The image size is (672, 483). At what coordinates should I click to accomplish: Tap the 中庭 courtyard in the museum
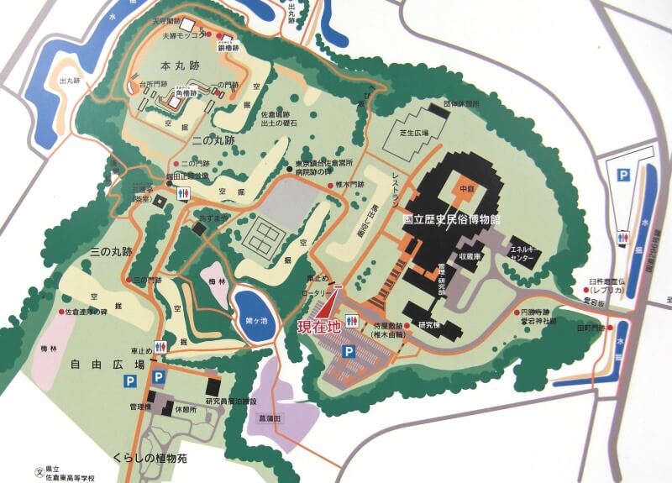click(x=468, y=188)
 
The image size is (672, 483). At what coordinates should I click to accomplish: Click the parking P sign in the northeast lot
click(x=623, y=176)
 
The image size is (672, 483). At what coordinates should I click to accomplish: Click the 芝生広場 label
click(x=414, y=133)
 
